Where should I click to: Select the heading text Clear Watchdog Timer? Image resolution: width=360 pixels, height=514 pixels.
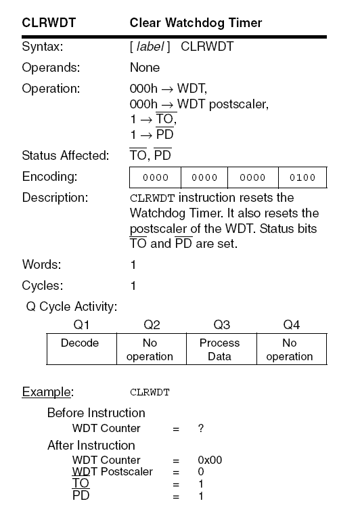click(196, 23)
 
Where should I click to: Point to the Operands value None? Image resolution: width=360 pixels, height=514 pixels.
click(144, 68)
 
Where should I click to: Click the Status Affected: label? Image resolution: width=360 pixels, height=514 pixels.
click(66, 156)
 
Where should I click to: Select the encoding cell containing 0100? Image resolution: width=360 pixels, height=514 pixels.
click(302, 177)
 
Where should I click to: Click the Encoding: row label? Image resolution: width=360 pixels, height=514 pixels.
click(50, 177)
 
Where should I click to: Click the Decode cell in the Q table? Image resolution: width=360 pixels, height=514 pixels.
click(80, 343)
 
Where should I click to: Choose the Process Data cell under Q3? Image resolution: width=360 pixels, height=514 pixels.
click(219, 349)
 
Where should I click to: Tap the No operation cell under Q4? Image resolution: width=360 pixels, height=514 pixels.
click(289, 349)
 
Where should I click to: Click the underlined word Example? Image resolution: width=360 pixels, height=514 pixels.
click(47, 391)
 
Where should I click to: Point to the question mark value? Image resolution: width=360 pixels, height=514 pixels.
click(201, 428)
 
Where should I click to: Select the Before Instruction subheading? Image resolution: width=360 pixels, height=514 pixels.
click(95, 412)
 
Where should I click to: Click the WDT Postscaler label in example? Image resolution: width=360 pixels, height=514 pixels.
click(112, 471)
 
